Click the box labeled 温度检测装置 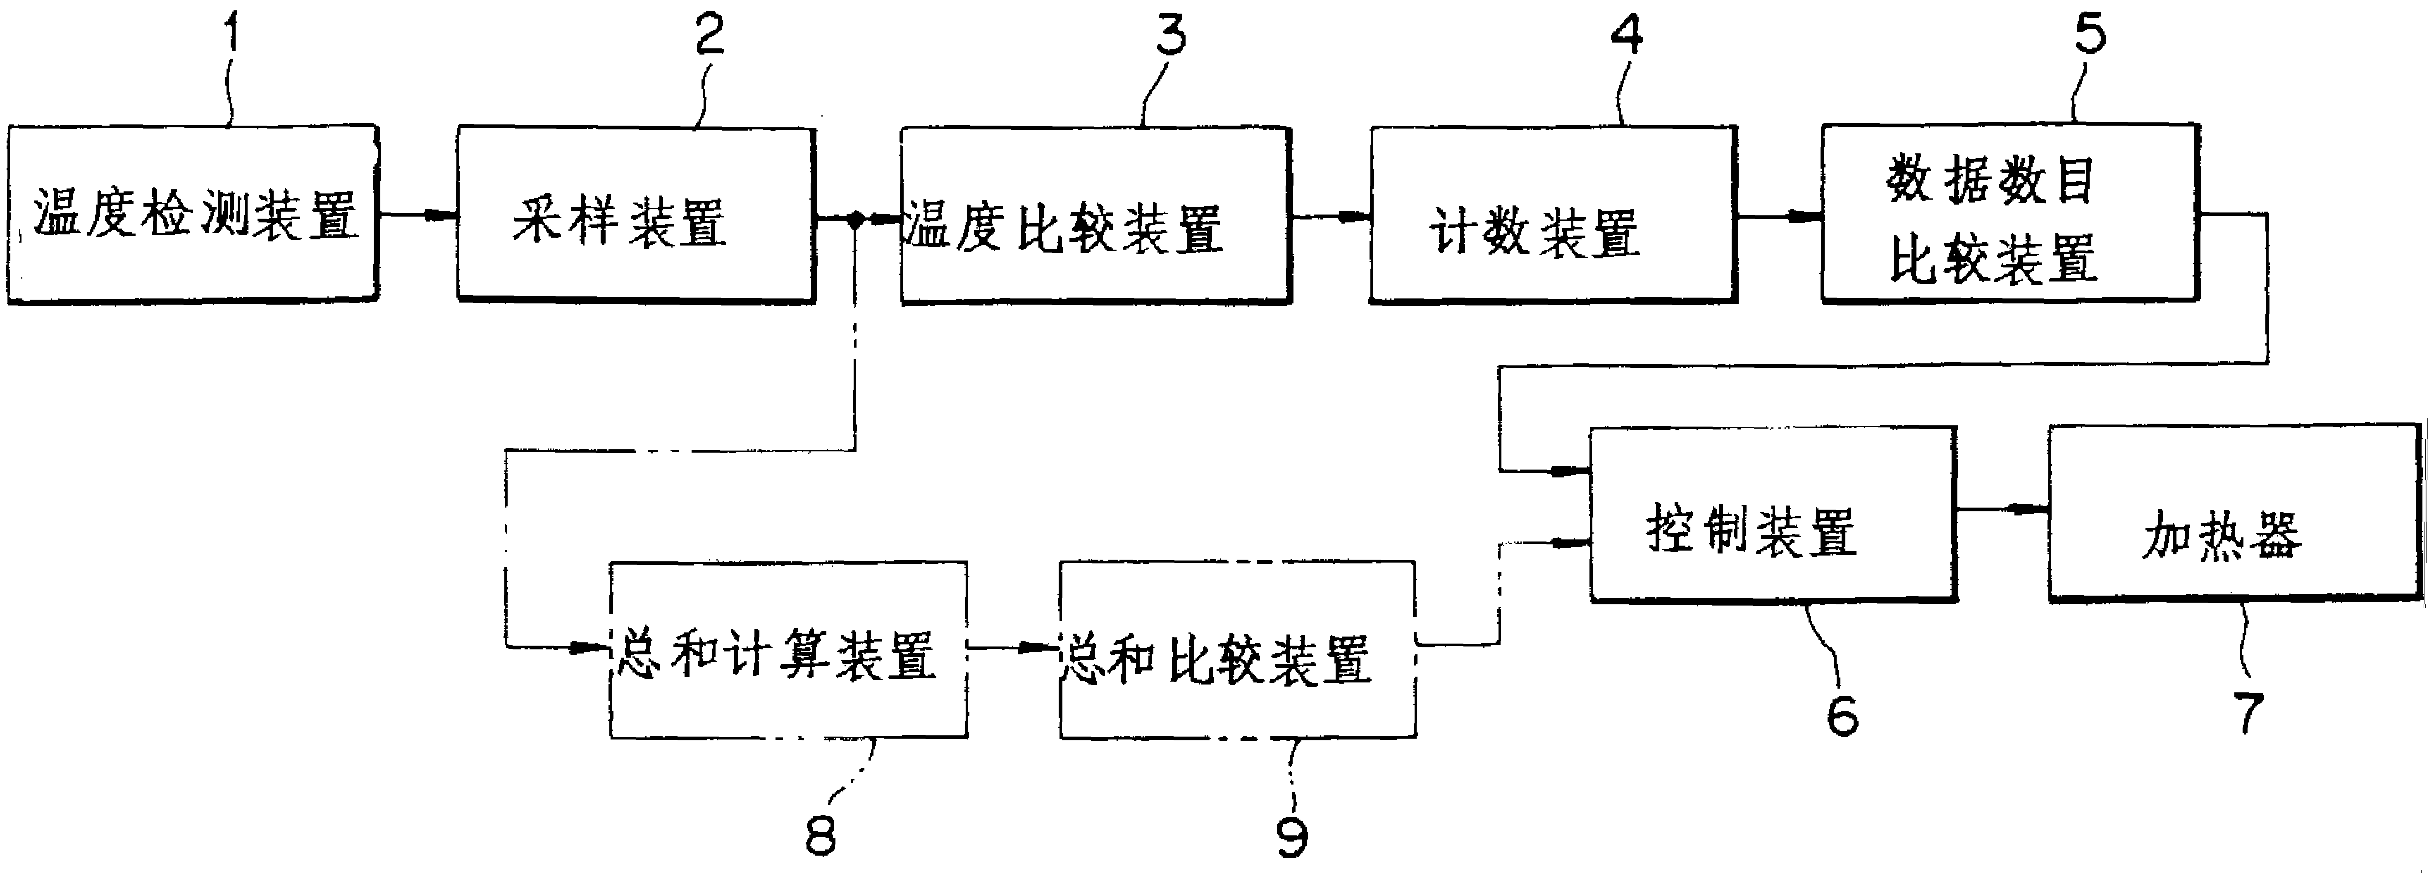coord(194,215)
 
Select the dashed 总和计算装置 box coord(788,650)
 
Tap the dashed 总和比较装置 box coord(1237,650)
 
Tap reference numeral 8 coord(820,834)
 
